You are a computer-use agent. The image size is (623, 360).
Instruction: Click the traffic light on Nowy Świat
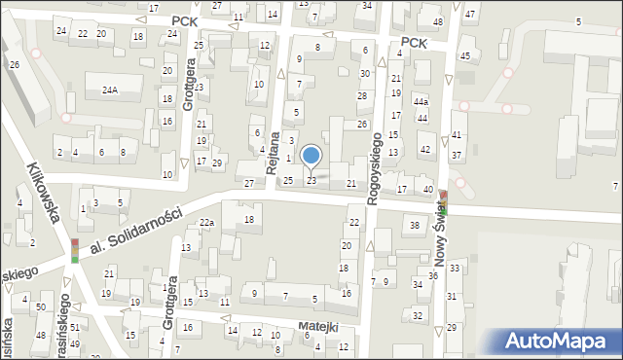tap(444, 201)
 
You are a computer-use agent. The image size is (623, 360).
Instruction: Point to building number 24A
tap(110, 90)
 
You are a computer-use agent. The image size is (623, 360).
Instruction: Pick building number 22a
tap(206, 223)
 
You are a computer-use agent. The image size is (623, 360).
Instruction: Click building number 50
tap(40, 307)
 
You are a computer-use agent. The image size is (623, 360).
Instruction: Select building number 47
tap(469, 15)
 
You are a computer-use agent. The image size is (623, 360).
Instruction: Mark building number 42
tap(424, 149)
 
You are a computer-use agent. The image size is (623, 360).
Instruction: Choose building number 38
tap(415, 226)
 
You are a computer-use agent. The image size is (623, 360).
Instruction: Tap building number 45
tap(464, 56)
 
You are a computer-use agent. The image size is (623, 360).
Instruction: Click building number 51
tap(74, 329)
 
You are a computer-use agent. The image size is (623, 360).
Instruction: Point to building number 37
tap(456, 156)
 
